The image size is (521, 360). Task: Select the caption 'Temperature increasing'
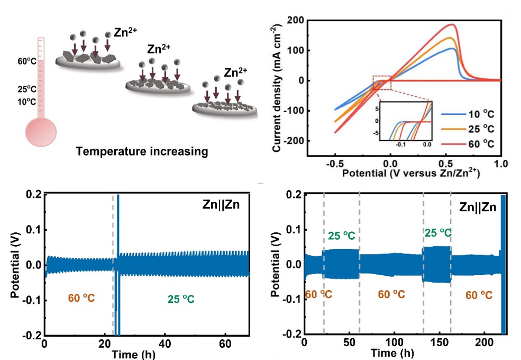(141, 152)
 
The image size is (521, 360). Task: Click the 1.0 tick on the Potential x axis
(501, 163)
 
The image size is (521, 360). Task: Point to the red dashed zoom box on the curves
(382, 83)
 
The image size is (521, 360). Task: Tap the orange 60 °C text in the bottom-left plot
(81, 299)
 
